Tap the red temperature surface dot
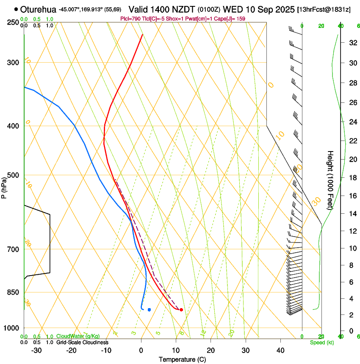(181, 310)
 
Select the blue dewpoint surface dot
(149, 310)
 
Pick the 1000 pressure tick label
(12, 328)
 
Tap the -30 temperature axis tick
(36, 350)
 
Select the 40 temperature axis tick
(280, 350)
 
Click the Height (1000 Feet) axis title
(331, 180)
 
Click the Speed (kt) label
(320, 342)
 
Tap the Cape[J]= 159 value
(231, 19)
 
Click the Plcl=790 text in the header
(132, 19)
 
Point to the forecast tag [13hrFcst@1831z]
(324, 9)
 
